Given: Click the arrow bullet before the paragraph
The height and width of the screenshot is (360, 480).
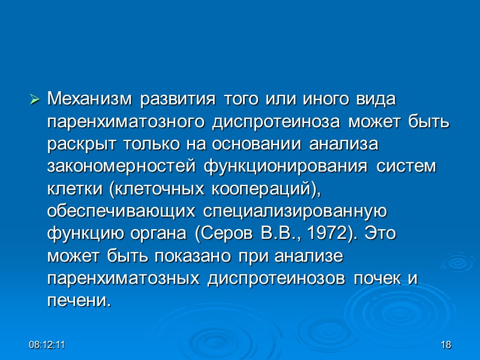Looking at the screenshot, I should [34, 97].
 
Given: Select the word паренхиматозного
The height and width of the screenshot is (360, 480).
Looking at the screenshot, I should [126, 123].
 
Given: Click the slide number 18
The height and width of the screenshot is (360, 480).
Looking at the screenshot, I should [445, 345].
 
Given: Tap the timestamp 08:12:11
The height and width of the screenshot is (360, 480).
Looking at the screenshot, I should [48, 345].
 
